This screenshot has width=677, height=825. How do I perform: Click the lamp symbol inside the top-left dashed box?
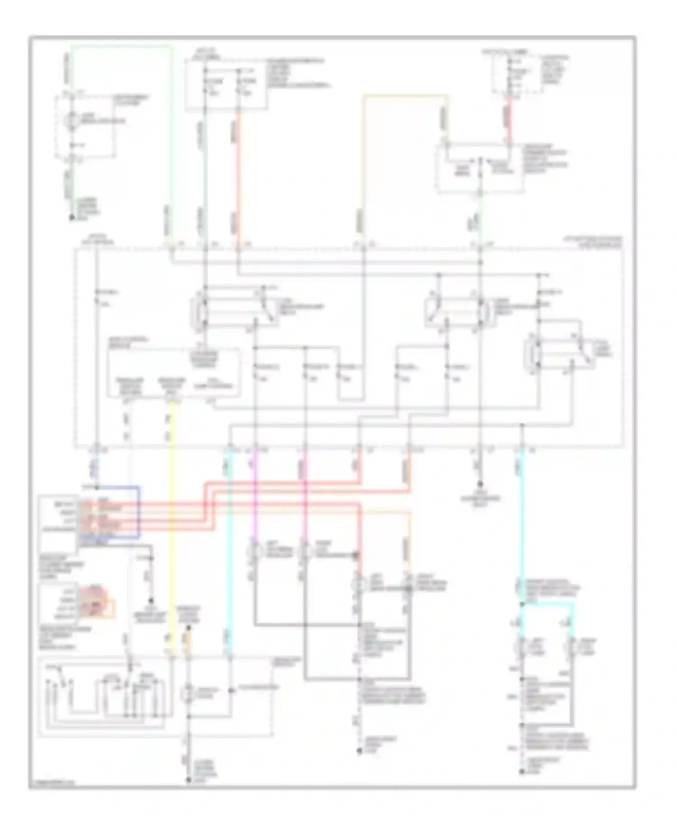click(x=71, y=121)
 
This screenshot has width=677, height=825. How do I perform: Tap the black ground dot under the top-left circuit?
click(x=71, y=218)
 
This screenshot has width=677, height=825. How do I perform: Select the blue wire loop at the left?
click(x=138, y=512)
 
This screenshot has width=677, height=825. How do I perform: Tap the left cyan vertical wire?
click(x=230, y=542)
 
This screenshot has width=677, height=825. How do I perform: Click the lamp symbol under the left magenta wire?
click(x=255, y=551)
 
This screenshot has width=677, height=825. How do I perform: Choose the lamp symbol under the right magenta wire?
click(x=305, y=551)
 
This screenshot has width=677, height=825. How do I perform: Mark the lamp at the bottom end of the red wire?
click(x=359, y=585)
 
